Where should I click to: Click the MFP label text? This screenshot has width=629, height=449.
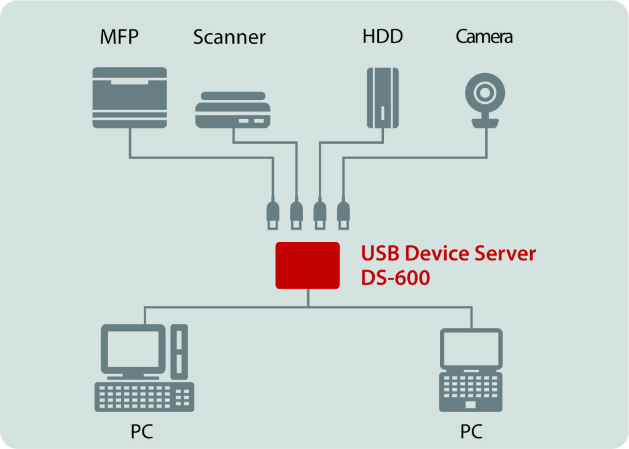(x=119, y=36)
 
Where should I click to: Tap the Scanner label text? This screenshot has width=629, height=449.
(x=230, y=37)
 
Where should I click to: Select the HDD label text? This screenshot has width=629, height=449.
(x=383, y=36)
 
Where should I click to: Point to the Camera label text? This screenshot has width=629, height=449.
(x=484, y=36)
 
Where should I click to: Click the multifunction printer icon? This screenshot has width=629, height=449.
(x=130, y=98)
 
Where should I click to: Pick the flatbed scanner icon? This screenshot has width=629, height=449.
(x=233, y=110)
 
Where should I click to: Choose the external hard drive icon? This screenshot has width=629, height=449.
(x=383, y=98)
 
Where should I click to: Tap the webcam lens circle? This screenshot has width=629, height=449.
(x=485, y=93)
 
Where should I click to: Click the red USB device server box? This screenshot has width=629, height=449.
(x=307, y=265)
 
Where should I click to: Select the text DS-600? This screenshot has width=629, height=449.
(x=395, y=278)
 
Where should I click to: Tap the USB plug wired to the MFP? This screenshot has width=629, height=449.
(x=273, y=214)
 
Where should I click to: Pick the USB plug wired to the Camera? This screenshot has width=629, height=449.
(x=343, y=214)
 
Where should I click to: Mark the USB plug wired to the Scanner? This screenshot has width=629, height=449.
(x=297, y=214)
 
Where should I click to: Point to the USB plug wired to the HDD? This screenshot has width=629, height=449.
(x=319, y=214)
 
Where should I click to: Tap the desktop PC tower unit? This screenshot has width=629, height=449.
(x=179, y=352)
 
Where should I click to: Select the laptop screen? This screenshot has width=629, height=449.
(x=471, y=349)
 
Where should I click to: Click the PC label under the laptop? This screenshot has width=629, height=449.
(x=471, y=431)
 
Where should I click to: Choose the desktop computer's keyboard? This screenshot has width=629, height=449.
(x=144, y=397)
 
